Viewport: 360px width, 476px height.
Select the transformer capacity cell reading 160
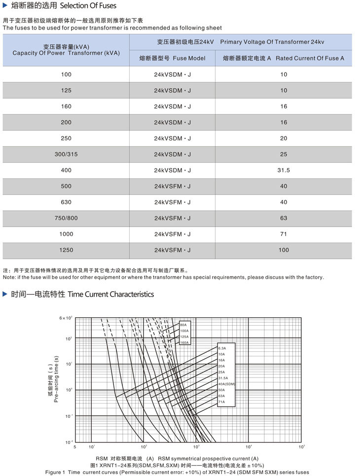coord(66,106)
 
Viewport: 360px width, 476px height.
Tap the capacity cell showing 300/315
coord(66,154)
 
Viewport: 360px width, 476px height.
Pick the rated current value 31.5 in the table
coord(284,170)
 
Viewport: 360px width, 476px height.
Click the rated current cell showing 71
coord(284,234)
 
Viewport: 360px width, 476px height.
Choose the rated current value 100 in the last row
coord(284,250)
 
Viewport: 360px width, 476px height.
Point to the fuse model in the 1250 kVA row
coord(172,250)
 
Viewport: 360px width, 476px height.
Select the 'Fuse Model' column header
coord(172,58)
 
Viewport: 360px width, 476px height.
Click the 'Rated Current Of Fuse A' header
coord(284,58)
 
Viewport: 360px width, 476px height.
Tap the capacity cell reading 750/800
coord(66,218)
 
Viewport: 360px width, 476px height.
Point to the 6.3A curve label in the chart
coord(221,348)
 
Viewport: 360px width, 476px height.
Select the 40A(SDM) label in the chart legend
coord(226,384)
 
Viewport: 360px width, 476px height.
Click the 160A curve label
coord(184,342)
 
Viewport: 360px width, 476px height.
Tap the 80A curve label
coord(183,325)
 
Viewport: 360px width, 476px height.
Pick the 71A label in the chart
coord(221,402)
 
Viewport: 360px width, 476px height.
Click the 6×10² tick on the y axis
coord(66,318)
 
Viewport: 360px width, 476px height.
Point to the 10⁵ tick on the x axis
coord(301,446)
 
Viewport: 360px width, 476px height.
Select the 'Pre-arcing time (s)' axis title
coord(56,378)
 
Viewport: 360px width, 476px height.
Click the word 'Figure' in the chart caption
coord(55,472)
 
